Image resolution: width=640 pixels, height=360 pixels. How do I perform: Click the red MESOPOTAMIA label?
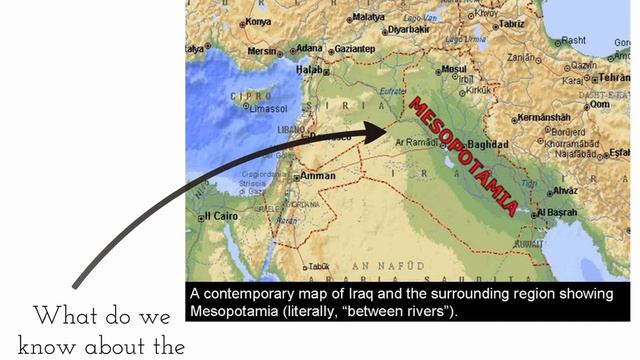(x=465, y=155)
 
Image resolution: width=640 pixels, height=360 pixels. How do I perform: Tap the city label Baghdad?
(x=488, y=144)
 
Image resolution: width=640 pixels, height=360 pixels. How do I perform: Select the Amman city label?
(x=318, y=176)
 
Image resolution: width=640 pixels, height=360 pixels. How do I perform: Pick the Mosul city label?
(x=454, y=70)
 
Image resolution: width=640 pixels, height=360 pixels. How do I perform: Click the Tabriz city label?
(x=513, y=23)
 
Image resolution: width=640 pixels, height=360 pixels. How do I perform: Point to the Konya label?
(x=258, y=21)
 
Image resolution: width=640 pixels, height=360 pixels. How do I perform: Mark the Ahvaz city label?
(x=565, y=190)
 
